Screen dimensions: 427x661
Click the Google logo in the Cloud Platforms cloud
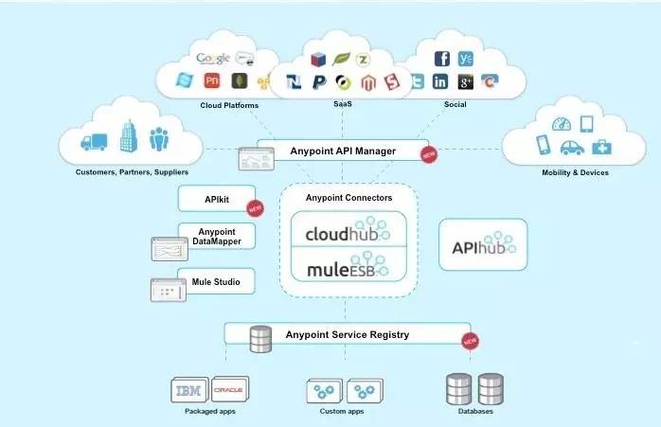pos(213,58)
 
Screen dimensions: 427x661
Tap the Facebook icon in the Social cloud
pos(441,58)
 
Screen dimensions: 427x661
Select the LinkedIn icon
pos(440,82)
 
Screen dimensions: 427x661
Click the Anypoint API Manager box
pos(342,151)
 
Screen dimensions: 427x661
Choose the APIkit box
pos(217,199)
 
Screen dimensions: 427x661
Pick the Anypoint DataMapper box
pos(217,237)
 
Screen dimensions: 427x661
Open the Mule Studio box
pos(217,281)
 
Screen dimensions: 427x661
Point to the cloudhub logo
pos(342,232)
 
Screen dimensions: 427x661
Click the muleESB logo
pos(342,270)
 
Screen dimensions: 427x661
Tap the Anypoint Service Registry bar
pos(347,334)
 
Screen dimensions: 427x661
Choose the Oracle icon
pos(229,389)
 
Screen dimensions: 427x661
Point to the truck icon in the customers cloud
pos(95,142)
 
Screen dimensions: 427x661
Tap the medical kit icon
pos(602,147)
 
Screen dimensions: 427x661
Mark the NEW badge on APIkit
pos(253,208)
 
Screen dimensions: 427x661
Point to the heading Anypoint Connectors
pos(348,198)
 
